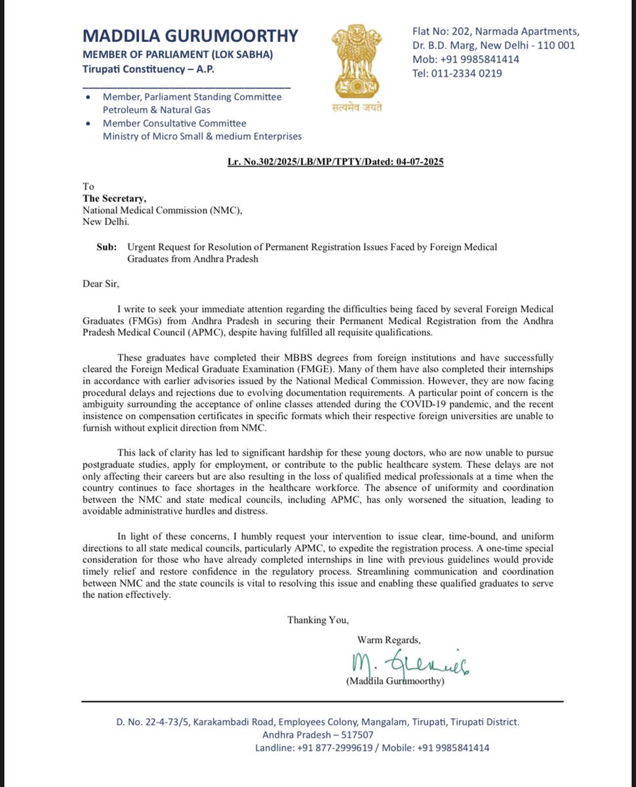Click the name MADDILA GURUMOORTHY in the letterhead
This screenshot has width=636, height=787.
pos(190,35)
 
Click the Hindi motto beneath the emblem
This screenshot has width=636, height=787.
pos(356,108)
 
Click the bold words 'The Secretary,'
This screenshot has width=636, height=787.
pos(115,199)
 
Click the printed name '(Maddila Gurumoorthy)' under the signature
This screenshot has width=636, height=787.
pos(395,681)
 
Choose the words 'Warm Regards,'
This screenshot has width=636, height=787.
pos(389,639)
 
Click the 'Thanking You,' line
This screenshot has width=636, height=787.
pos(318,619)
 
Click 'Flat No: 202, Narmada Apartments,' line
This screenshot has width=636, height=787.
pos(495,31)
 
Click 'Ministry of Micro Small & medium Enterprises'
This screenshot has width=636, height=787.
pos(202,136)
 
